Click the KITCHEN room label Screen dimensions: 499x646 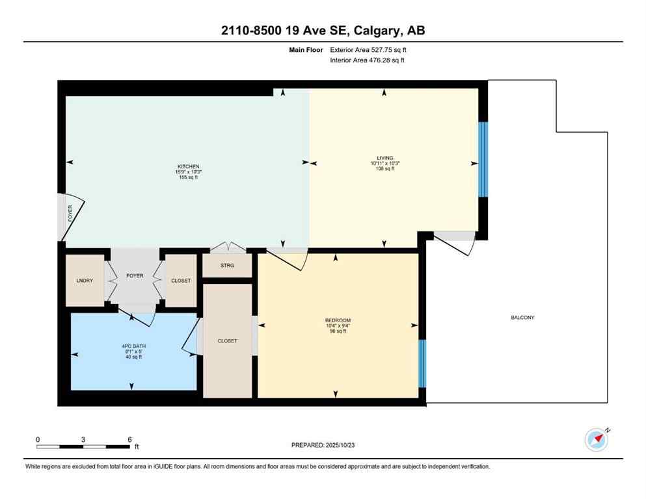[189, 166]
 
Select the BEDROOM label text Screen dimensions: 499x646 [338, 320]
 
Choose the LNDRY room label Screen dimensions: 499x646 [85, 281]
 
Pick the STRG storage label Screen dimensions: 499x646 [227, 266]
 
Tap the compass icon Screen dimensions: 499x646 [596, 440]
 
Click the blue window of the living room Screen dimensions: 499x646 [483, 159]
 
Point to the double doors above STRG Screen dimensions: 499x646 [227, 247]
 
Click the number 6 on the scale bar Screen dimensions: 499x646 [130, 439]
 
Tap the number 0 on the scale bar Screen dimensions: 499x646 [38, 439]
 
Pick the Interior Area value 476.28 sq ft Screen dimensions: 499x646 [389, 60]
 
